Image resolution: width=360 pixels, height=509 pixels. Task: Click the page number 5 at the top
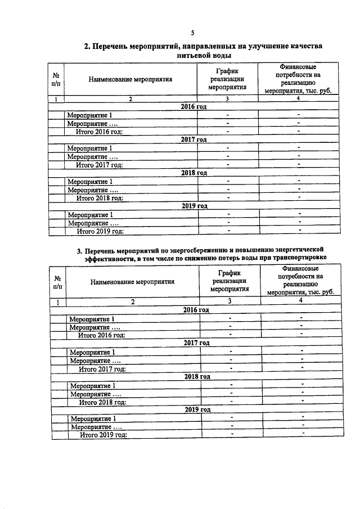(192, 33)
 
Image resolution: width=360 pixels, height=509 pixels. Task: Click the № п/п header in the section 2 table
(56, 79)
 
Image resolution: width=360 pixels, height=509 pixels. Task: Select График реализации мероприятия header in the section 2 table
(227, 79)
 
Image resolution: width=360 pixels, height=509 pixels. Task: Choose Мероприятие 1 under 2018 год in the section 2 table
(91, 181)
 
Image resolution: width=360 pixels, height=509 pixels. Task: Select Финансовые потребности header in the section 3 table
(301, 281)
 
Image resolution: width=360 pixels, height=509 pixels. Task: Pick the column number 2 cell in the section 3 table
(133, 301)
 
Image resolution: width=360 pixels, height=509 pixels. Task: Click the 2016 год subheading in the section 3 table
(196, 310)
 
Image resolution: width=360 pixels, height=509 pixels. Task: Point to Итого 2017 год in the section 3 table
(102, 369)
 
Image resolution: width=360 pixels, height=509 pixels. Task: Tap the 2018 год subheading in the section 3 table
(197, 377)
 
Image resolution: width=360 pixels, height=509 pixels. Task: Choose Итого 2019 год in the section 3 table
(103, 435)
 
